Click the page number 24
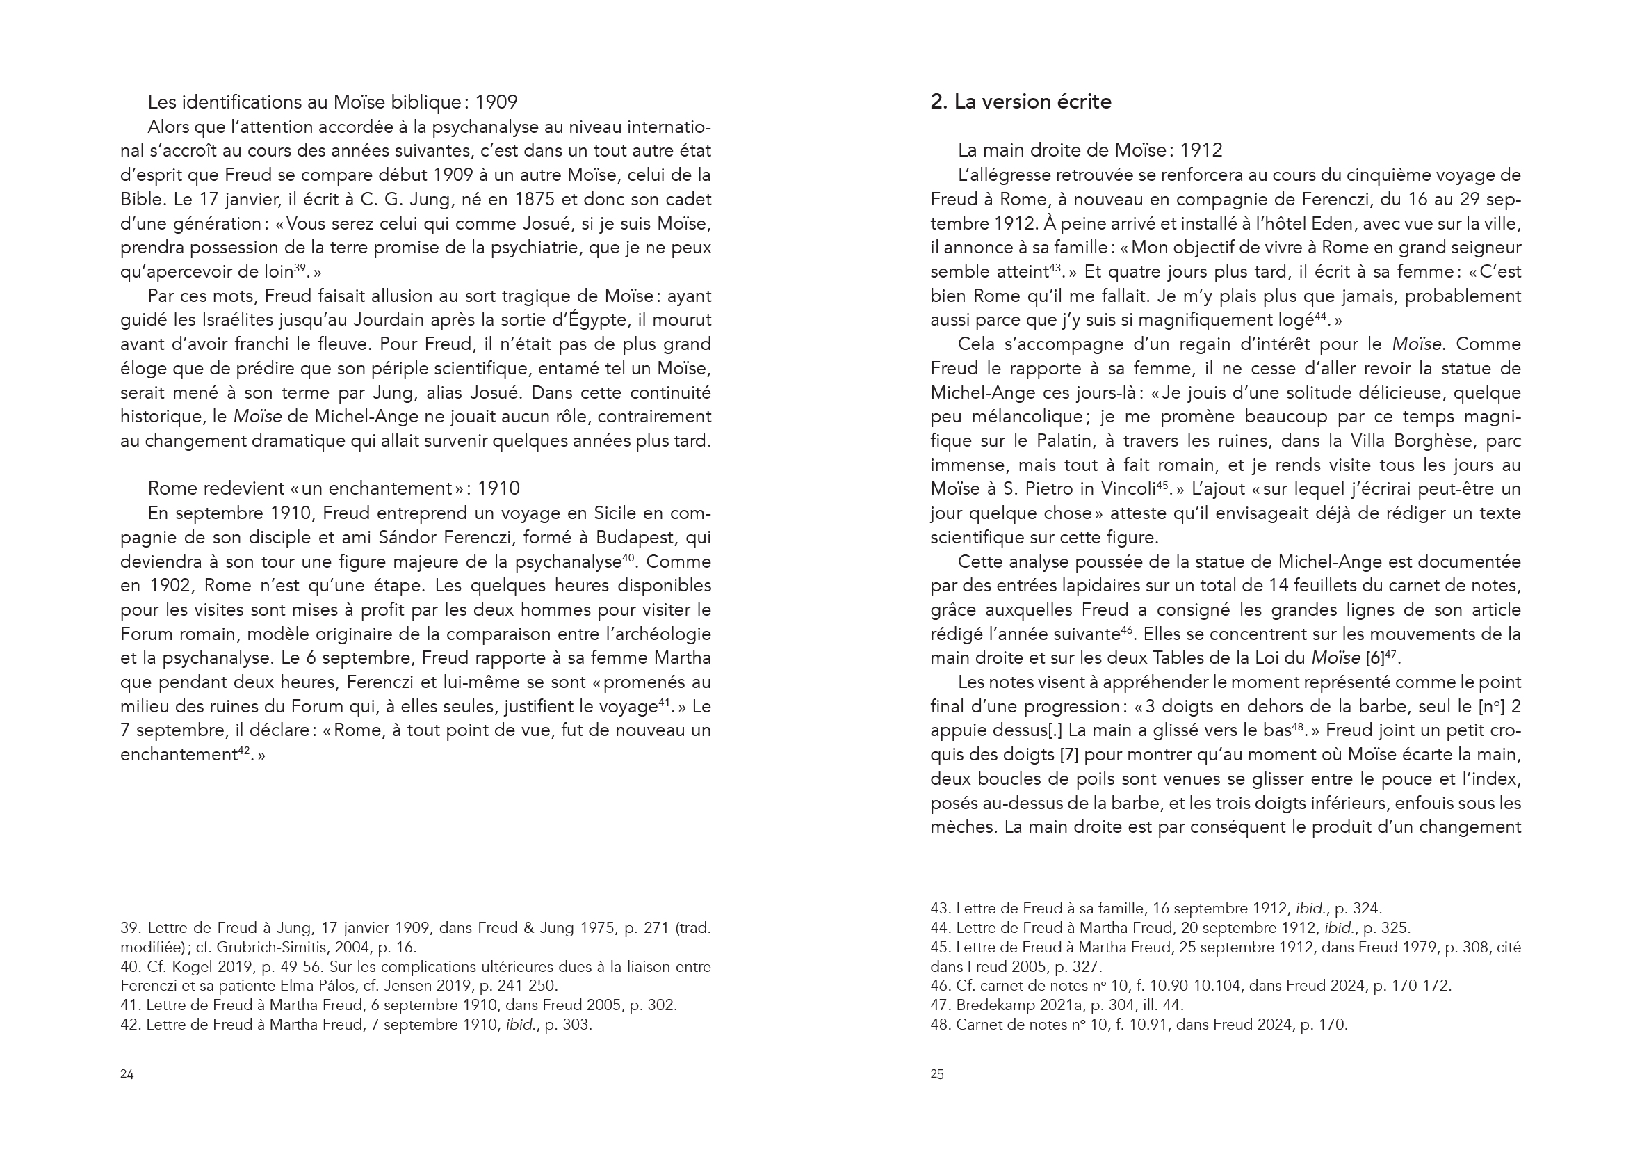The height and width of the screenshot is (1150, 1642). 127,1074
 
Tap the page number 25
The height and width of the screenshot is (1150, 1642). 937,1074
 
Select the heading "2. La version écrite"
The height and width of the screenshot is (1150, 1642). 1021,102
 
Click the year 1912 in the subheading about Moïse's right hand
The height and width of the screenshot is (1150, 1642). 1201,150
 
